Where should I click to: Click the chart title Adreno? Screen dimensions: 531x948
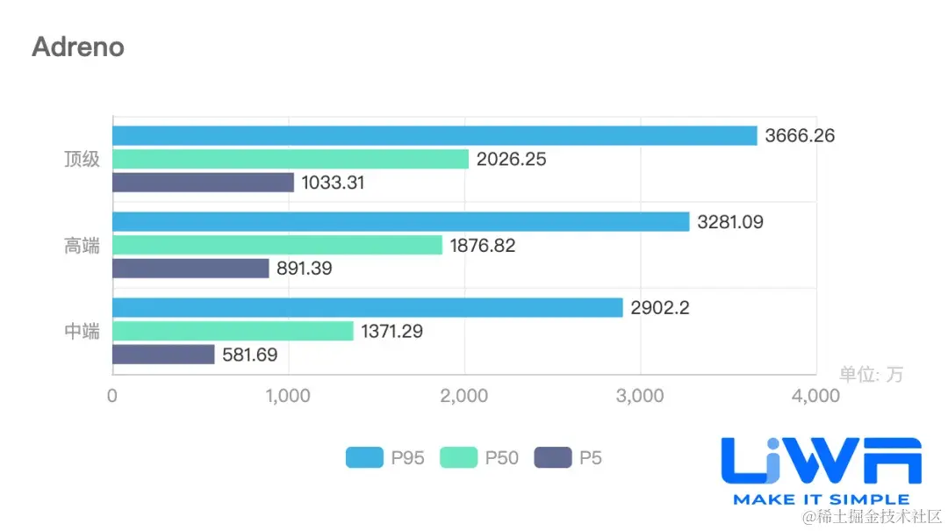pyautogui.click(x=78, y=47)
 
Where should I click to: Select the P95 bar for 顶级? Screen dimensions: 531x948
pyautogui.click(x=434, y=135)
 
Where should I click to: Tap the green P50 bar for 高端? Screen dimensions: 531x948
pyautogui.click(x=277, y=246)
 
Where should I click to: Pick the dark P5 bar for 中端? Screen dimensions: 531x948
pyautogui.click(x=163, y=355)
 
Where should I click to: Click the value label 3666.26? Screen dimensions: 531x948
pyautogui.click(x=800, y=136)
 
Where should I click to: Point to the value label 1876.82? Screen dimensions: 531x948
pyautogui.click(x=483, y=246)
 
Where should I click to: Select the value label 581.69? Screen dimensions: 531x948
pyautogui.click(x=255, y=355)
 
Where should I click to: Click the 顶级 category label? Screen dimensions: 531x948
pyautogui.click(x=82, y=160)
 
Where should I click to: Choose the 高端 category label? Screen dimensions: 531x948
pyautogui.click(x=82, y=246)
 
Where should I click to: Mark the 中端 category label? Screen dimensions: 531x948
pyautogui.click(x=82, y=332)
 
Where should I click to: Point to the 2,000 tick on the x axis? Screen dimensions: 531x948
pyautogui.click(x=464, y=396)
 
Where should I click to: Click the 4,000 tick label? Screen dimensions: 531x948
pyautogui.click(x=815, y=396)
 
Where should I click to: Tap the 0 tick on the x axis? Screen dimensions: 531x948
pyautogui.click(x=112, y=396)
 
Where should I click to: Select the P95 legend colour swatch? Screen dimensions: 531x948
pyautogui.click(x=364, y=457)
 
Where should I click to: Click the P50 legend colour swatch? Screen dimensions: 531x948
pyautogui.click(x=458, y=457)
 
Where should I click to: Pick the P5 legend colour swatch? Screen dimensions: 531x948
pyautogui.click(x=552, y=457)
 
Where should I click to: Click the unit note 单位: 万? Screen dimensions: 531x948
pyautogui.click(x=871, y=375)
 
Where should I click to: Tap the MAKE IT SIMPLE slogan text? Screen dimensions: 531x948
pyautogui.click(x=821, y=499)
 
